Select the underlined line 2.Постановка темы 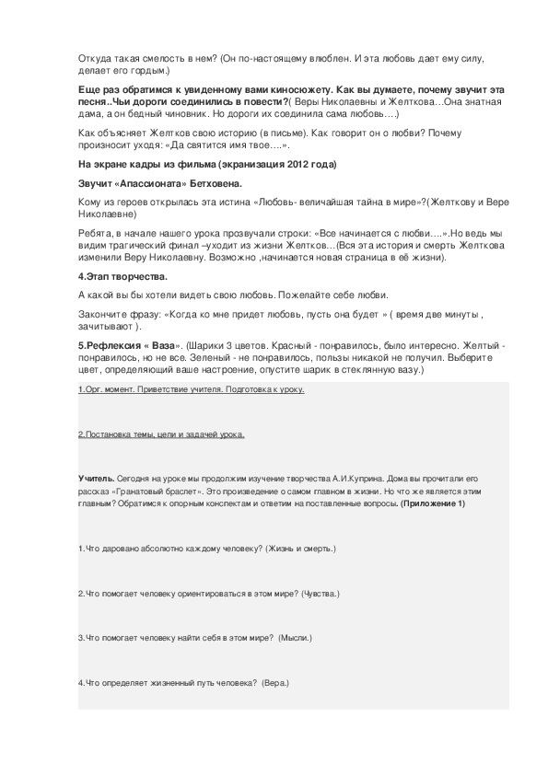point(161,434)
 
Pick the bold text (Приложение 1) point(433,503)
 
